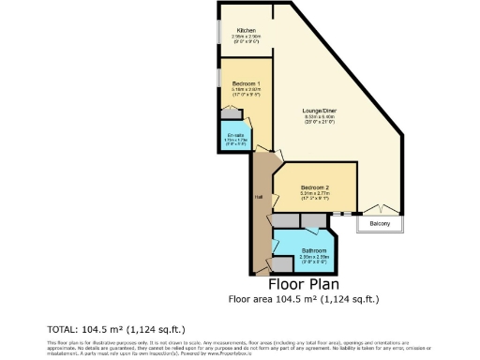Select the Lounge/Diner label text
[x=318, y=112]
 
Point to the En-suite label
[x=234, y=135]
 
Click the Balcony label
[x=379, y=224]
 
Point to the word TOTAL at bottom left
[x=64, y=330]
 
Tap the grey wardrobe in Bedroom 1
[x=229, y=113]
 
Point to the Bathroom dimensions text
[x=313, y=259]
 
